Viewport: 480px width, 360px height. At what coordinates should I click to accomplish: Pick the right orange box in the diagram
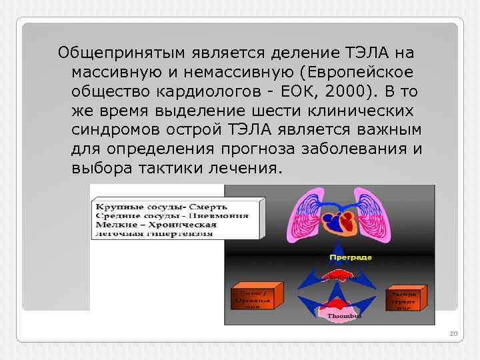tap(404, 299)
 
